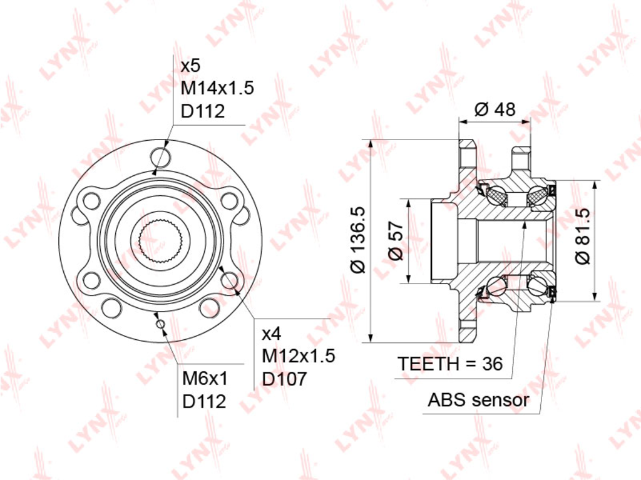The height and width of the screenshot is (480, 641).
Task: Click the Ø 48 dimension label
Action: click(495, 110)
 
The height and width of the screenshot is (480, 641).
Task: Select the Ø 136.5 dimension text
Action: click(359, 240)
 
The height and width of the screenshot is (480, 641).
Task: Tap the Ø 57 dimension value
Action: click(396, 241)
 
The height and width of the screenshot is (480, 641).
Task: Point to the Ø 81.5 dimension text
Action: click(583, 237)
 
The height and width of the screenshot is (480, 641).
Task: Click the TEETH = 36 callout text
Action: click(450, 364)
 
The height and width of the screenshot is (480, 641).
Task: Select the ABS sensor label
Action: click(478, 399)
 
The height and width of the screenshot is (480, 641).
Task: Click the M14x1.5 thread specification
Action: click(217, 88)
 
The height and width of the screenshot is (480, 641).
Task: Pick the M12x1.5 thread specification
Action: click(299, 356)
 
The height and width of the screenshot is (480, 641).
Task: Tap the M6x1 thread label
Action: click(205, 379)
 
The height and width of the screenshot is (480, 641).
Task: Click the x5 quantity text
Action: click(190, 66)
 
